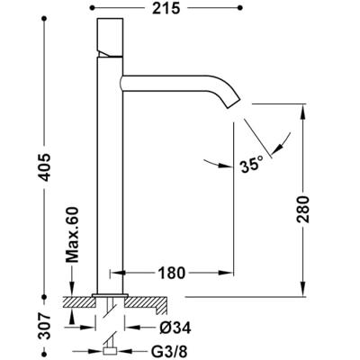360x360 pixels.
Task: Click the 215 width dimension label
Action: click(166, 8)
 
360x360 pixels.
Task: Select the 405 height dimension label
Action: click(45, 167)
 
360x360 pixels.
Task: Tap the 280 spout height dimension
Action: click(303, 209)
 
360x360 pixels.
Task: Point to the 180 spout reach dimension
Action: click(171, 273)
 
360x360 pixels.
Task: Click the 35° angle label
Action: click(251, 164)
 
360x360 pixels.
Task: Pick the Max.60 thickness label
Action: click(72, 235)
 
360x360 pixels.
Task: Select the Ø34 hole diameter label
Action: click(175, 328)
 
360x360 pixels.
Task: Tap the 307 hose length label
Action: click(45, 326)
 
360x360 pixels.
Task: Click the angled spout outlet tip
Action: click(233, 103)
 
